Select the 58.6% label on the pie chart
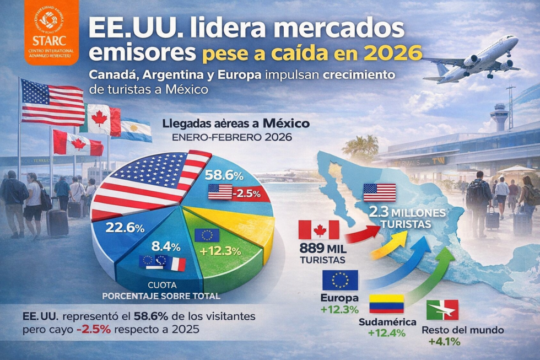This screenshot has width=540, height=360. coord(224,176)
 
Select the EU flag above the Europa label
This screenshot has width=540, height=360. coord(340,280)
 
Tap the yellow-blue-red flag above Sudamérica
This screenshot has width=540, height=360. coord(386,304)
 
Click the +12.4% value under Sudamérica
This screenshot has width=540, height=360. coord(386,333)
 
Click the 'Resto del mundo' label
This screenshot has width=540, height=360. coord(462,330)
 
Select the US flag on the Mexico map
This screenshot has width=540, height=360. coord(379,192)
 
